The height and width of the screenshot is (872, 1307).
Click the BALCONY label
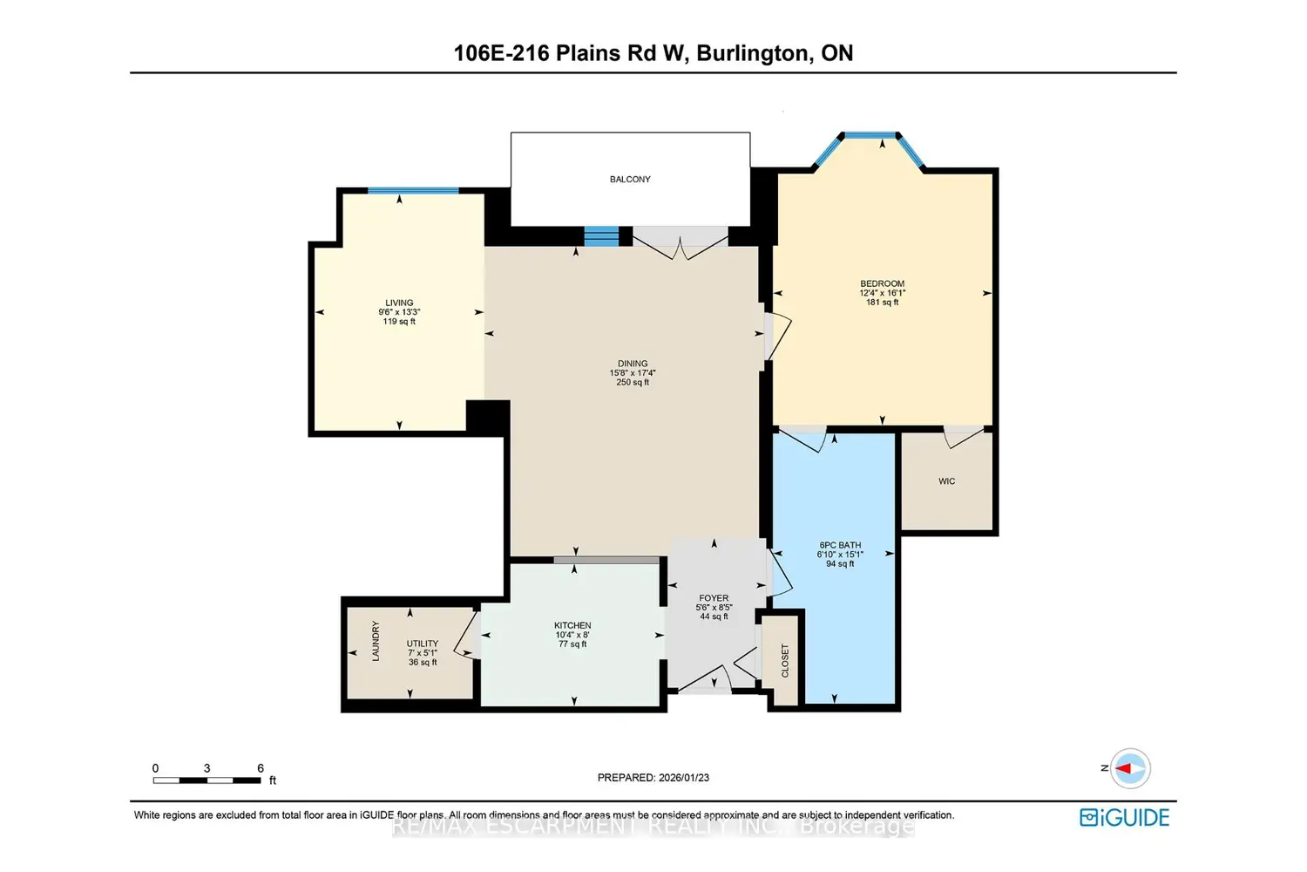click(x=630, y=180)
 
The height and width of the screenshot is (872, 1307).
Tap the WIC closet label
click(x=946, y=481)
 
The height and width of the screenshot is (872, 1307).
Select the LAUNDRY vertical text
click(x=376, y=641)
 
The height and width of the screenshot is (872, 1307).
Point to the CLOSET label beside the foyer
click(x=785, y=661)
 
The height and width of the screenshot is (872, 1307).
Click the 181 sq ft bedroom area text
click(x=882, y=303)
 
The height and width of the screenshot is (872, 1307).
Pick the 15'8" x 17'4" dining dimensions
click(x=633, y=372)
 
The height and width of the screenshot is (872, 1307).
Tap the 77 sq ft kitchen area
click(x=572, y=644)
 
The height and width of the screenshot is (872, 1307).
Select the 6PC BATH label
click(x=840, y=545)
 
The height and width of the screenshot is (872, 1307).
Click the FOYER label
click(x=713, y=598)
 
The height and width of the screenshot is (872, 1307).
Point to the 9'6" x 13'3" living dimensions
click(x=399, y=312)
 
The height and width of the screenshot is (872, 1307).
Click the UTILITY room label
click(x=422, y=644)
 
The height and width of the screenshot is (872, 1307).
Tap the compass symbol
click(x=1129, y=768)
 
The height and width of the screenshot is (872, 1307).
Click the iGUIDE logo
click(x=1124, y=817)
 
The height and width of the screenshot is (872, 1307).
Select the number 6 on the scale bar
click(x=261, y=768)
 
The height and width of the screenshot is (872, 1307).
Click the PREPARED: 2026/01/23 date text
click(x=653, y=777)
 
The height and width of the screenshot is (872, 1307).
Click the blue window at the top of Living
click(x=413, y=190)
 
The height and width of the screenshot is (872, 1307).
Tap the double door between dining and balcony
click(x=681, y=244)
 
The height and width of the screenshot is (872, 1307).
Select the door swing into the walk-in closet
click(x=964, y=438)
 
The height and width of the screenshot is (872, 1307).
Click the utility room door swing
click(x=467, y=636)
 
